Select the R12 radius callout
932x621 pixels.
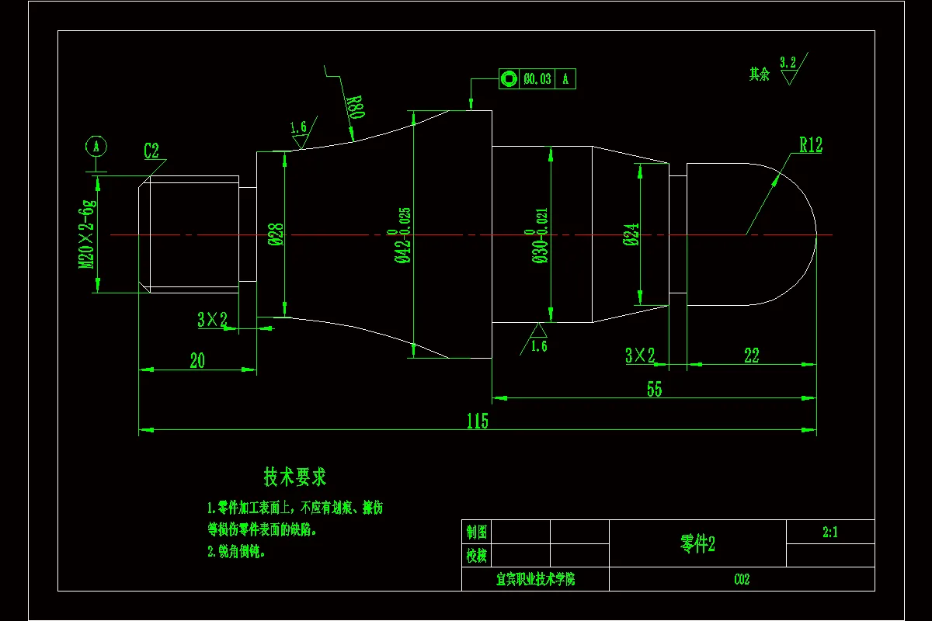coord(810,145)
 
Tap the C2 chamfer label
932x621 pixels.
coord(151,151)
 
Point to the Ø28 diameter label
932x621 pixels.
coord(277,234)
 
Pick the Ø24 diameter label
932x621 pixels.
coord(631,234)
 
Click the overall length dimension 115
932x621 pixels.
coord(477,422)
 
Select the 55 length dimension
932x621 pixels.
coord(654,390)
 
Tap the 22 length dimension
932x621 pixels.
coord(751,356)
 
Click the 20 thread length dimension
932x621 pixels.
coord(197,361)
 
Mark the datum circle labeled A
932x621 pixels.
coord(96,146)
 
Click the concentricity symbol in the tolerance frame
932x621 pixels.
coord(509,78)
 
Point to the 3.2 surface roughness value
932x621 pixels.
coord(788,62)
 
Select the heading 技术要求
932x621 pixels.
coord(294,477)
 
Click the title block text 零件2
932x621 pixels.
coord(697,544)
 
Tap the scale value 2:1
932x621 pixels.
coord(829,533)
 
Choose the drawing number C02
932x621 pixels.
coord(742,580)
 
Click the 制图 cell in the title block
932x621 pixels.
coord(477,533)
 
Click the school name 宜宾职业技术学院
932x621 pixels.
coord(535,580)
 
